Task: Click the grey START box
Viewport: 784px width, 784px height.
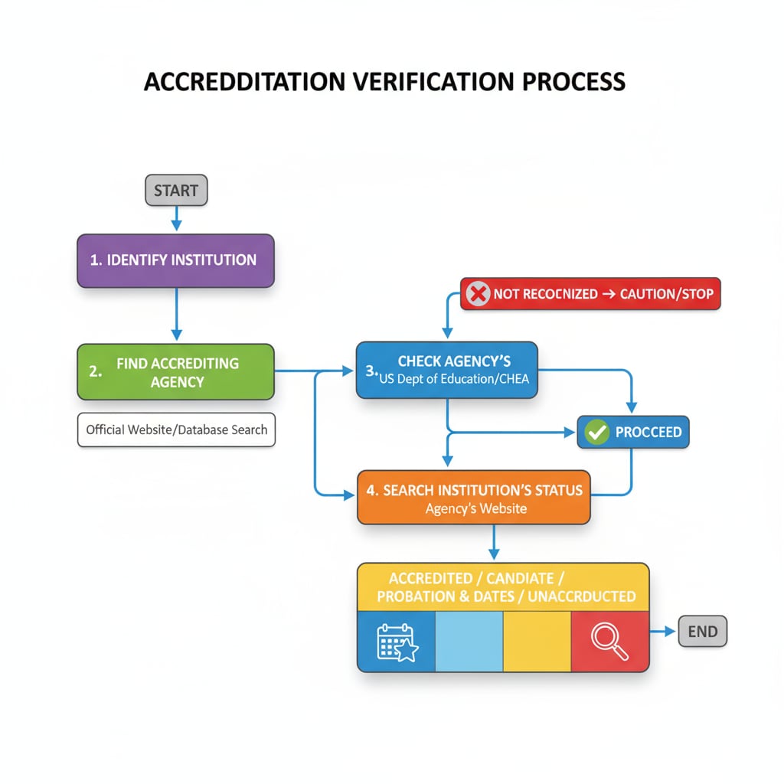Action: coord(176,191)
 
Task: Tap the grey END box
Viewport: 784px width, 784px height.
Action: coord(702,632)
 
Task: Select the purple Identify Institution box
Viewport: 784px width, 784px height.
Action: coord(175,260)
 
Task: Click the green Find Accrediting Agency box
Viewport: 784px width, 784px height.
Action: coord(175,371)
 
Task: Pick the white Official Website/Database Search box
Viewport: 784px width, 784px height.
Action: coord(176,430)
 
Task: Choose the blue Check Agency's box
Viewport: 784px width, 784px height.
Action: coord(447,370)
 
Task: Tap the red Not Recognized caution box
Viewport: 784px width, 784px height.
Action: coord(590,293)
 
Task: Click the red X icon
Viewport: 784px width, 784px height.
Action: coord(479,293)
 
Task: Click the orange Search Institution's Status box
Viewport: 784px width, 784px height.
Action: coord(474,497)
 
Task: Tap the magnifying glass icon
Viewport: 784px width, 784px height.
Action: coord(609,641)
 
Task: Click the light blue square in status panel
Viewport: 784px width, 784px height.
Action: coord(469,641)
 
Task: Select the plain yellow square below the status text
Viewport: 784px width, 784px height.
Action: coord(537,641)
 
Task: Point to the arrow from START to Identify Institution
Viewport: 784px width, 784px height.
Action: coord(176,219)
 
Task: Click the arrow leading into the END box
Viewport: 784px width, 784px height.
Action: coord(663,632)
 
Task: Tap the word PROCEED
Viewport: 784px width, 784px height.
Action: coord(648,432)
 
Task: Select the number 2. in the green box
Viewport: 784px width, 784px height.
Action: coord(95,371)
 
